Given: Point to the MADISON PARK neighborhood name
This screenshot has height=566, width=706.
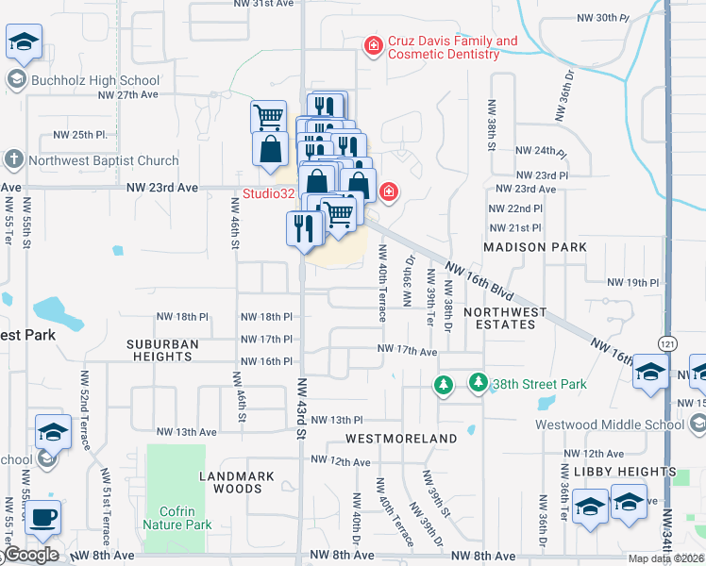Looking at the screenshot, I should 534,247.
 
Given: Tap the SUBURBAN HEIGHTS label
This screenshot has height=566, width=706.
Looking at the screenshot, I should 163,350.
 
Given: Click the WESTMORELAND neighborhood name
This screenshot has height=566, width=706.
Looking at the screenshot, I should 401,439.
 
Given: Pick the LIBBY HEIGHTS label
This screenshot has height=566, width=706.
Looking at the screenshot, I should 625,472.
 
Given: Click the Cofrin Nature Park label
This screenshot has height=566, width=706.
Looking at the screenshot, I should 177,517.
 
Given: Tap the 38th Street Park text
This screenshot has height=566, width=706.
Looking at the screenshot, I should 539,384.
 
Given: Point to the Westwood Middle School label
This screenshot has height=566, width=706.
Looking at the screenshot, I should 610,424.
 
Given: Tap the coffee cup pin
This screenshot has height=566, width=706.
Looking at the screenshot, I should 42,518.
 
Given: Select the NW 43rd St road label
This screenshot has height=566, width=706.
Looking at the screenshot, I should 303,408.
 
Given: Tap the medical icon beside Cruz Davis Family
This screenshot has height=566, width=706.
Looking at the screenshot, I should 375,44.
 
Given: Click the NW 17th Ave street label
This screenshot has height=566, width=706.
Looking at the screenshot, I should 408,351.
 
